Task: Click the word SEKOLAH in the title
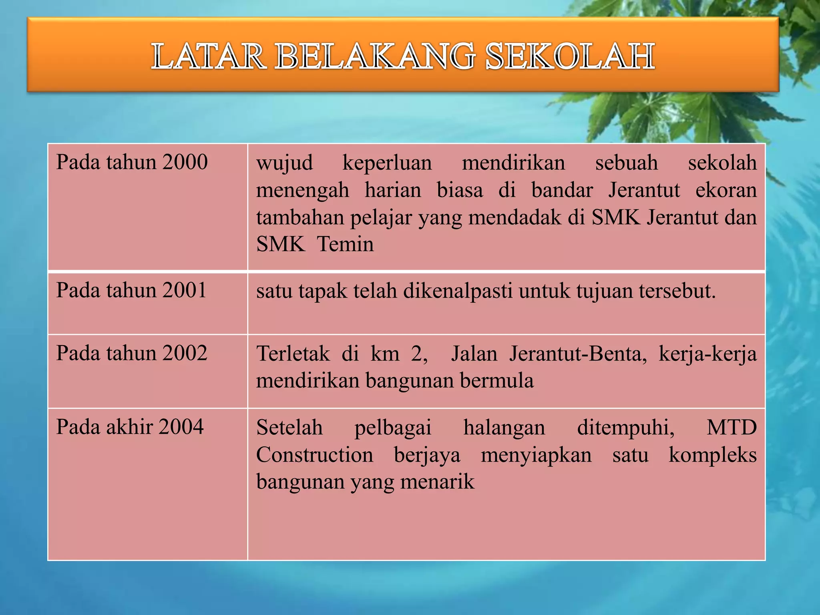570,56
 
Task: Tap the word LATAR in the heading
208,56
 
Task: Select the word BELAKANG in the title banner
375,56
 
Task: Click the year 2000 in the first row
185,162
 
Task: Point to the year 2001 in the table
185,290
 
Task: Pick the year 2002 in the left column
185,353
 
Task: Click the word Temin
345,244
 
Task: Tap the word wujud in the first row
285,163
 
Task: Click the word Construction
315,455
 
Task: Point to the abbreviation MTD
732,427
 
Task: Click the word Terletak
293,354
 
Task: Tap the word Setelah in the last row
289,427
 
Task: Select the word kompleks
713,455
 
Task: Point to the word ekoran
726,190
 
